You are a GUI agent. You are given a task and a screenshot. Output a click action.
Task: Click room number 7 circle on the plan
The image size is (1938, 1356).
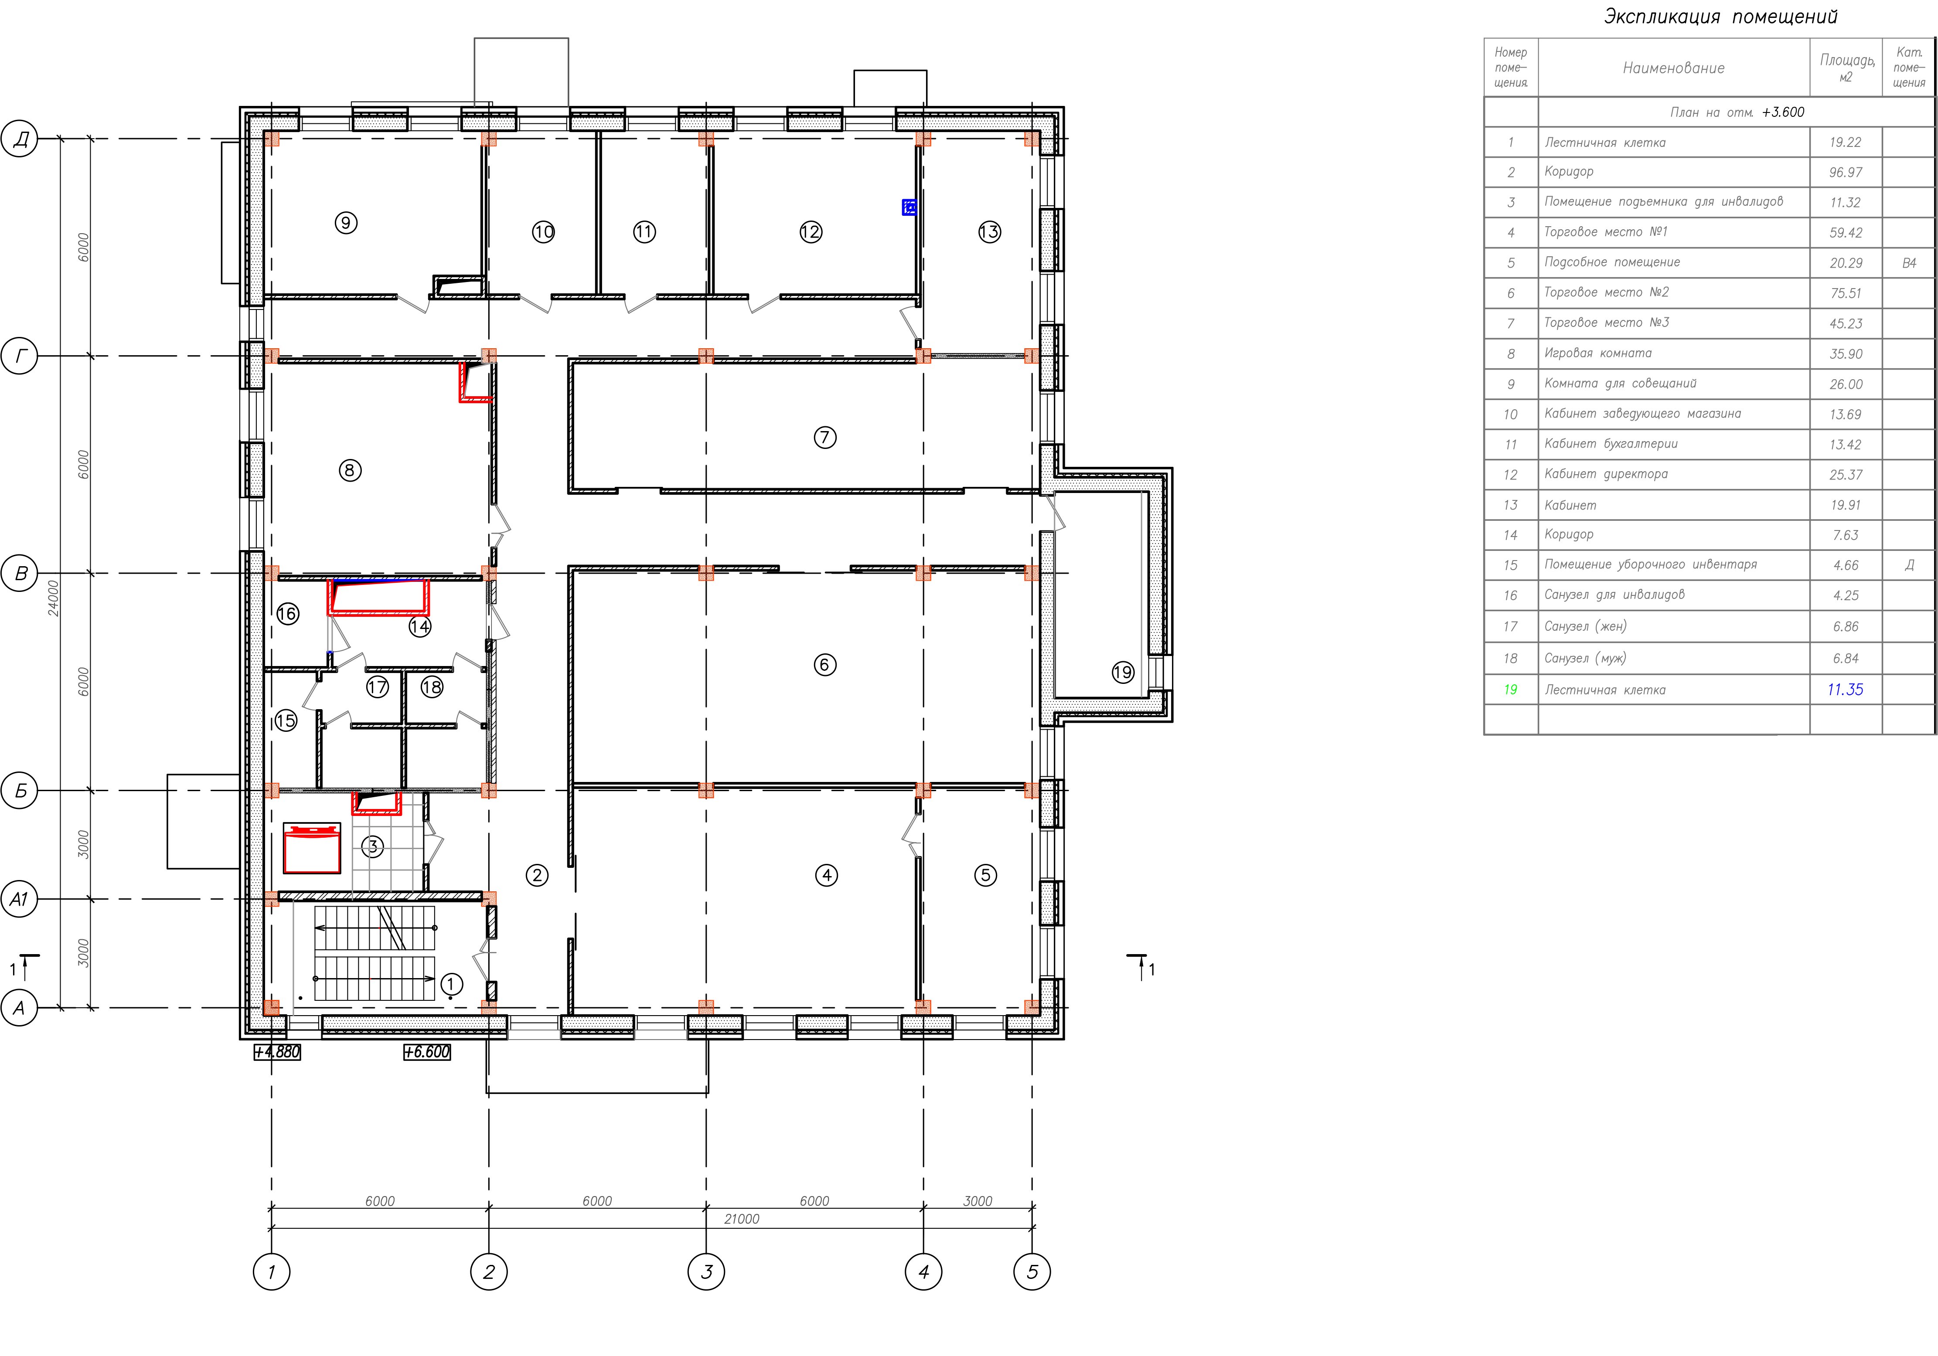click(824, 437)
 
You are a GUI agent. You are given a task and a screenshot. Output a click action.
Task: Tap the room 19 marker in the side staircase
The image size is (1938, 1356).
click(1123, 673)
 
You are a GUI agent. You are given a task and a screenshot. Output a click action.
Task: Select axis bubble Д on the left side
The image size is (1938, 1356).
click(20, 138)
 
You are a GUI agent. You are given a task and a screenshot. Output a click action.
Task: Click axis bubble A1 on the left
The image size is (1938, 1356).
click(20, 899)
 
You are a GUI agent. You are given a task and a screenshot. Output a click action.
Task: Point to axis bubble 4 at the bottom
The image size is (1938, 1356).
click(923, 1271)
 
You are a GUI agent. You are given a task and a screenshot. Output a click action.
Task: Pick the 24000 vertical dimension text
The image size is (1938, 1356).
click(53, 598)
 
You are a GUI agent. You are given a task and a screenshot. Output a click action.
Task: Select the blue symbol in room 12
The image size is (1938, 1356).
click(909, 207)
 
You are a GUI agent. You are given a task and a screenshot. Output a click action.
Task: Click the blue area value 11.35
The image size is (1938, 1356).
click(1845, 690)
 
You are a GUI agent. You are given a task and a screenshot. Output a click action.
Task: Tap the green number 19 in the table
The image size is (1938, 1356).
click(1511, 690)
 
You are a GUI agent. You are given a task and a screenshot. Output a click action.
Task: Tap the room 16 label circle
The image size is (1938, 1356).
click(288, 613)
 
